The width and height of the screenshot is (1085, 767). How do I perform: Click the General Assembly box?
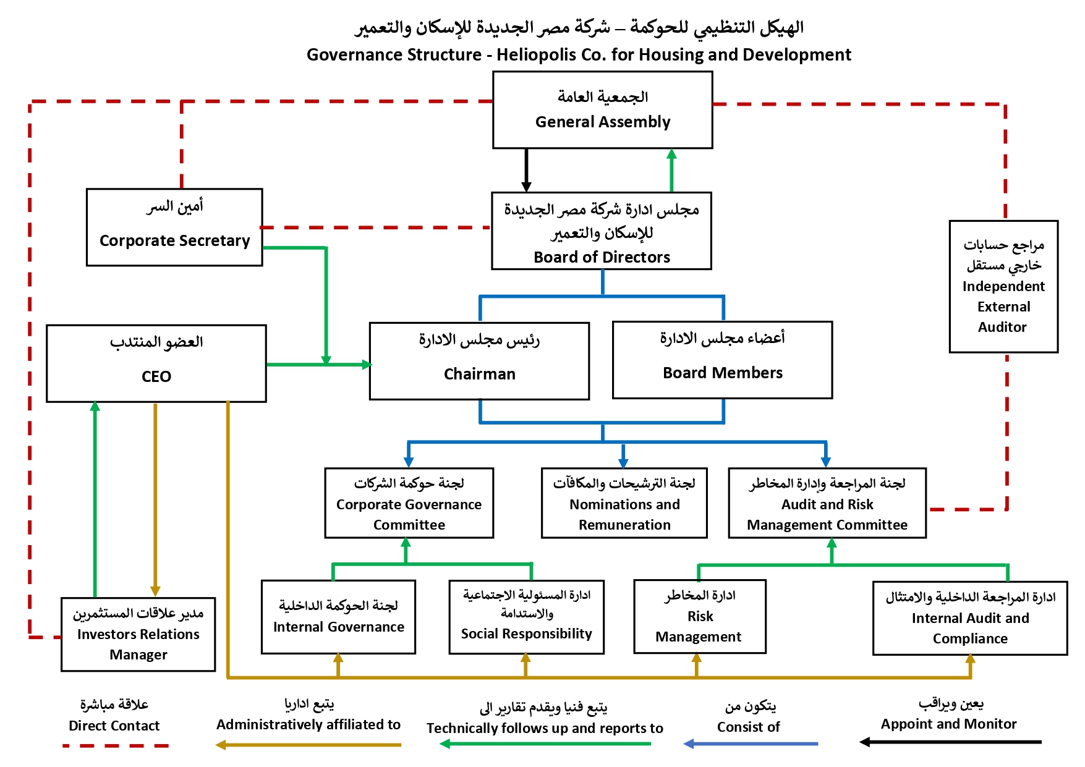[x=602, y=110]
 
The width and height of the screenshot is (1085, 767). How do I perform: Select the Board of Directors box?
[x=602, y=231]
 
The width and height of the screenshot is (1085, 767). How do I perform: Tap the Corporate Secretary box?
[x=174, y=227]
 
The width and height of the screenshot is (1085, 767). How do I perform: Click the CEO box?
[x=156, y=363]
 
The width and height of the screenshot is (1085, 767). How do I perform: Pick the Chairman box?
[x=479, y=361]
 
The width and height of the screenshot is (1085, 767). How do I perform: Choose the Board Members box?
[x=722, y=360]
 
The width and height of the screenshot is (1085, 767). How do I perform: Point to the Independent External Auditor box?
[x=1003, y=287]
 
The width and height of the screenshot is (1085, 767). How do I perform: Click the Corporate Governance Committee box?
[x=409, y=503]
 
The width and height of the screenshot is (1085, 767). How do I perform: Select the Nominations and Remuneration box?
[x=624, y=503]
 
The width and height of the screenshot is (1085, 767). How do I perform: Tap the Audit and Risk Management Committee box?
[x=827, y=503]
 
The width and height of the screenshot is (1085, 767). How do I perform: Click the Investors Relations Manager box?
[x=138, y=634]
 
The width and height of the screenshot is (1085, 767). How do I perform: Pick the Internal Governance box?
[x=338, y=617]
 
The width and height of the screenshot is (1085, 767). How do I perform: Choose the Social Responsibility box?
[x=526, y=617]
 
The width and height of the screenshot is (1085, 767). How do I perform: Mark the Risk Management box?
[x=700, y=617]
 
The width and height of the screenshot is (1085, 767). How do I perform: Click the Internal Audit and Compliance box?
[x=970, y=618]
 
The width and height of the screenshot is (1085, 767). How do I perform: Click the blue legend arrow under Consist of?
[x=751, y=744]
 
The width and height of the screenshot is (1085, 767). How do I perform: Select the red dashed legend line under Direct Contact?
[x=116, y=746]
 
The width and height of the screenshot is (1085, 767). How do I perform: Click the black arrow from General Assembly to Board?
[x=526, y=169]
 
